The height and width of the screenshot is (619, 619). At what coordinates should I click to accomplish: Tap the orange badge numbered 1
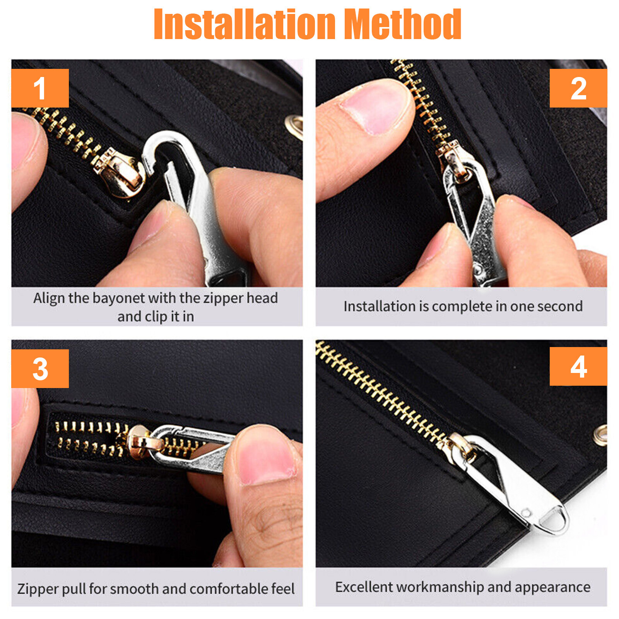[40, 88]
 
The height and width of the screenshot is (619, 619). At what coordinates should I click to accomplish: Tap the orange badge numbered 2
[578, 88]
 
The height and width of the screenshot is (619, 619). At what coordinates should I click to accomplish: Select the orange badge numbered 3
[40, 369]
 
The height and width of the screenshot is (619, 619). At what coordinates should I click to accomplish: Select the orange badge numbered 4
[578, 366]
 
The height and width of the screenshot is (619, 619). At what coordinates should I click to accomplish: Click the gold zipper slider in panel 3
[140, 442]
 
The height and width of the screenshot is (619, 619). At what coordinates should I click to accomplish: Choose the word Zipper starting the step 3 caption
[38, 589]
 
